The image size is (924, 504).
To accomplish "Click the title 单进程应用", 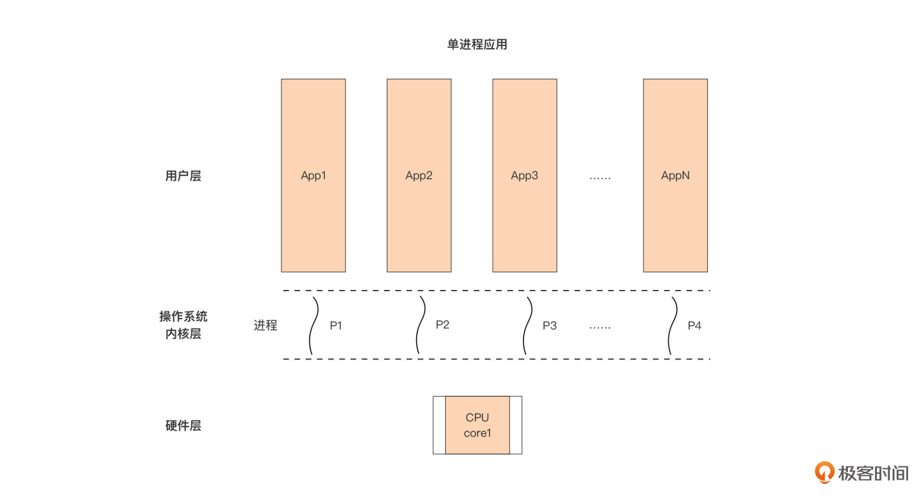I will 477,44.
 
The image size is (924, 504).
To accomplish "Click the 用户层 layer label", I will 183,176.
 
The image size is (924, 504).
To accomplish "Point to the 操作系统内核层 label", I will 183,325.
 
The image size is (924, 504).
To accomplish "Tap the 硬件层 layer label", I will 183,426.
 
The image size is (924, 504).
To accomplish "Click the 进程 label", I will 266,325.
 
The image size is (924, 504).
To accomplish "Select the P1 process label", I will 336,325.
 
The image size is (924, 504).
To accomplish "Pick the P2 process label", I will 442,324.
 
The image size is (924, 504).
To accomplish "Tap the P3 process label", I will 550,325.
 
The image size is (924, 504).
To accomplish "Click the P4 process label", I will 694,325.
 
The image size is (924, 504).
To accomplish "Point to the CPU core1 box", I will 477,425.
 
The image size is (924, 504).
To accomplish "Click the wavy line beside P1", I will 313,325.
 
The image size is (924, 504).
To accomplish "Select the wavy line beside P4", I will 673,325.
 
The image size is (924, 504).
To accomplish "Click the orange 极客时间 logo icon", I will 824,472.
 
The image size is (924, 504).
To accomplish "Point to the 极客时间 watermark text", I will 873,473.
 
